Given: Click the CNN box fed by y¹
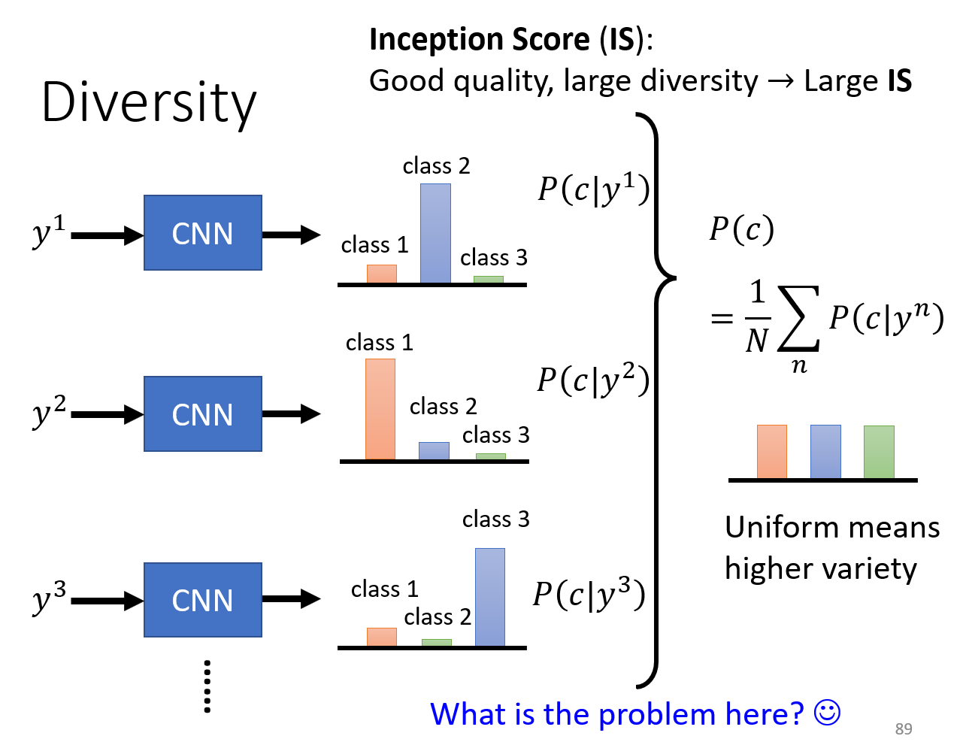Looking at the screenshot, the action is [202, 232].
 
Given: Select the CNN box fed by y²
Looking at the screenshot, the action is [202, 413].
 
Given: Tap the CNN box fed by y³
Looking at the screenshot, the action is [202, 600].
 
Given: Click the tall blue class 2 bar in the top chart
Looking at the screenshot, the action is [435, 233].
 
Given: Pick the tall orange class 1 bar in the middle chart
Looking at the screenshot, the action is [380, 409].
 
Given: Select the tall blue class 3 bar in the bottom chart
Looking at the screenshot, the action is [489, 597].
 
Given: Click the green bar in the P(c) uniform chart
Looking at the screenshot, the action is [879, 452].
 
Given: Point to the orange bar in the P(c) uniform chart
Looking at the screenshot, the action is [771, 451].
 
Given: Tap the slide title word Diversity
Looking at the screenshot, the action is [149, 102].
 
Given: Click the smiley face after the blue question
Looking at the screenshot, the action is [827, 713].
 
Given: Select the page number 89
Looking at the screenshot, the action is [904, 728].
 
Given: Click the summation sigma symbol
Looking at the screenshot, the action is [798, 318].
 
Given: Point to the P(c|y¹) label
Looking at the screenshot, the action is [594, 189].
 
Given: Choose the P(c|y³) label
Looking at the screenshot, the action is [589, 594].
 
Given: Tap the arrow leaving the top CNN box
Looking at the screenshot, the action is [291, 235].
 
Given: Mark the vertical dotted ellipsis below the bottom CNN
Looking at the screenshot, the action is [207, 686].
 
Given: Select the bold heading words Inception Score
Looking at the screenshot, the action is [480, 39].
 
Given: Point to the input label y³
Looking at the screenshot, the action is [49, 597].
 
